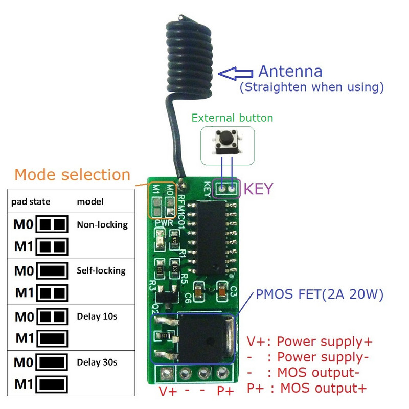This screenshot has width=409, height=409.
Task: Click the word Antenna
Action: pyautogui.click(x=290, y=71)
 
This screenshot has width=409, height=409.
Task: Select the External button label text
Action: pyautogui.click(x=232, y=118)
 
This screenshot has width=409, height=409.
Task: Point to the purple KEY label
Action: pyautogui.click(x=259, y=189)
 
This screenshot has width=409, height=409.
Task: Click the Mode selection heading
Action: pyautogui.click(x=72, y=175)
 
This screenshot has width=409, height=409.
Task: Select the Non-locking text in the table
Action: pyautogui.click(x=102, y=224)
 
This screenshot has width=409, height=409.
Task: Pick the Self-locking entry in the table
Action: pyautogui.click(x=101, y=270)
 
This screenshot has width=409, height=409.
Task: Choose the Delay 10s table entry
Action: pyautogui.click(x=97, y=316)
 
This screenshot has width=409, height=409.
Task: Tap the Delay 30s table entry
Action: pyautogui.click(x=97, y=362)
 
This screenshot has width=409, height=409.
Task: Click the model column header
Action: pyautogui.click(x=90, y=201)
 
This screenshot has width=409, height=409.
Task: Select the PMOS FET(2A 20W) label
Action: pyautogui.click(x=320, y=294)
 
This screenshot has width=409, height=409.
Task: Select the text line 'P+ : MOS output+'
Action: pyautogui.click(x=306, y=388)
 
